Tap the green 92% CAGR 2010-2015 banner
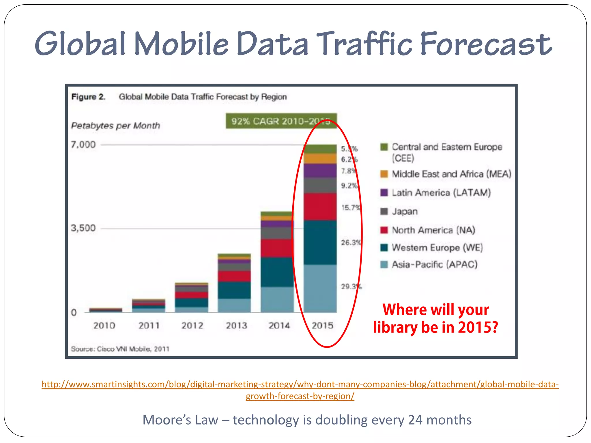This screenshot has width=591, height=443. (281, 121)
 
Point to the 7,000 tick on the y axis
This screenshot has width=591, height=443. (83, 144)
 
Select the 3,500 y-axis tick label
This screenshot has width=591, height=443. (83, 228)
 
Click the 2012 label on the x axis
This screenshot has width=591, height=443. (192, 326)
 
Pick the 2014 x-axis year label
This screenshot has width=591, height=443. (279, 326)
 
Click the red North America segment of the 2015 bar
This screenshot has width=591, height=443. (320, 207)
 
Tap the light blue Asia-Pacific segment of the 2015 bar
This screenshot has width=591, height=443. (320, 288)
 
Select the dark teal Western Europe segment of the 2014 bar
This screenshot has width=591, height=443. (277, 272)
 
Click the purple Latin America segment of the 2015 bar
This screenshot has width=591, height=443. (320, 171)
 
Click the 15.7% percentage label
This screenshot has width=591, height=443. (351, 208)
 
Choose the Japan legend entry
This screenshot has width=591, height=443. (405, 211)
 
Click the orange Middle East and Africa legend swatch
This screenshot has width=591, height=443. (384, 174)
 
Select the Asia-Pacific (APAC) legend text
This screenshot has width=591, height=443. (434, 264)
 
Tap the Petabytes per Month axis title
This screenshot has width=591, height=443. (115, 126)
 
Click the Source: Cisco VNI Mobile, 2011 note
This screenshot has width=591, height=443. (120, 349)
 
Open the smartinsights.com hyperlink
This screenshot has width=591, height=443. (300, 384)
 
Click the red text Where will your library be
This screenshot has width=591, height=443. (435, 318)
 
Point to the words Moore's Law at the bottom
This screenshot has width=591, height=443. (180, 420)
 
